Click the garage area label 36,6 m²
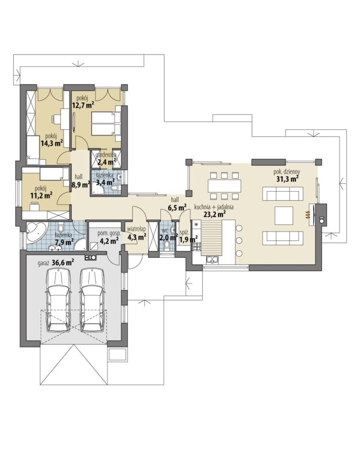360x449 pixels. tap(63, 263)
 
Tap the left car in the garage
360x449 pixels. tap(59, 300)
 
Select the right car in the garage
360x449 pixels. tap(93, 300)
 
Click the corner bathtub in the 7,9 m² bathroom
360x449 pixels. tap(36, 232)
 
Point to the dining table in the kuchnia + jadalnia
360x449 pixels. tap(224, 186)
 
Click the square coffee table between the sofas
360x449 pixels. tap(284, 216)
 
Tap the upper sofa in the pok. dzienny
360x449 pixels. tap(283, 194)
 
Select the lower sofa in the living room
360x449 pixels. tap(283, 238)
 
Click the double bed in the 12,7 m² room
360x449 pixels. tap(106, 124)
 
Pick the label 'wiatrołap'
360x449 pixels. tap(137, 229)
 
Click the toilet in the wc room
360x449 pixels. tap(167, 246)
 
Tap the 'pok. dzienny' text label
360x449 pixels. tap(286, 172)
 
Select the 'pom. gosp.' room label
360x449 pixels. tap(109, 233)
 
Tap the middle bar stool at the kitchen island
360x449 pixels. tap(239, 240)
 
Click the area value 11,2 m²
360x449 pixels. tap(41, 195)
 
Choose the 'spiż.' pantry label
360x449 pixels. tap(184, 232)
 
